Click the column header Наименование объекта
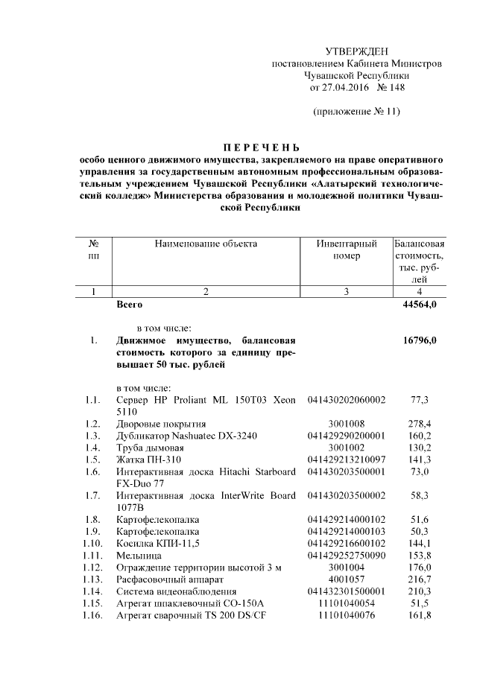pos(206,244)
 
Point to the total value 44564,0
pos(420,305)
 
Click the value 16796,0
pos(420,340)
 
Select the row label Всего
pos(130,305)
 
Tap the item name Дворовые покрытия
pos(155,424)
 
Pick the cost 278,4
pos(420,424)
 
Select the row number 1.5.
pos(92,460)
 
